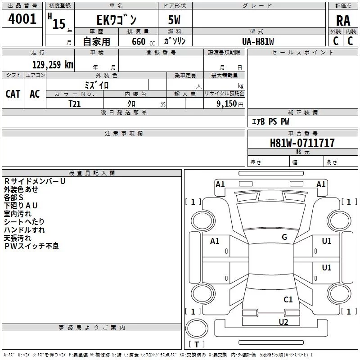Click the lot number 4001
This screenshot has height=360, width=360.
(x=22, y=19)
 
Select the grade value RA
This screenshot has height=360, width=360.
(x=343, y=20)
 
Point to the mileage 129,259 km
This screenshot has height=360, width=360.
(x=53, y=65)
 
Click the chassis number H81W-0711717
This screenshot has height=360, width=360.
(x=302, y=143)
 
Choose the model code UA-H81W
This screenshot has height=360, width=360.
(x=258, y=41)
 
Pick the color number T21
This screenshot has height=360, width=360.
(x=75, y=103)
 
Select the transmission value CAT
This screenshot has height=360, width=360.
(x=13, y=94)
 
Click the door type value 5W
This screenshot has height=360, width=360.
(x=174, y=20)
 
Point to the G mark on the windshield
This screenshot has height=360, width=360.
(x=284, y=237)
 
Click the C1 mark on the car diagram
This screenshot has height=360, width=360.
(x=288, y=299)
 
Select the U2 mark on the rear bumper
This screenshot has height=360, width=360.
(x=283, y=322)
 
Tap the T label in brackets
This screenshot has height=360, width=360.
(x=197, y=345)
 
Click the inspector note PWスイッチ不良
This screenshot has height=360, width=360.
(x=31, y=246)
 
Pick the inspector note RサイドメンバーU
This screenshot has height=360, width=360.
(x=35, y=181)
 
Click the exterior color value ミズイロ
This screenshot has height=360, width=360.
(x=97, y=84)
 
